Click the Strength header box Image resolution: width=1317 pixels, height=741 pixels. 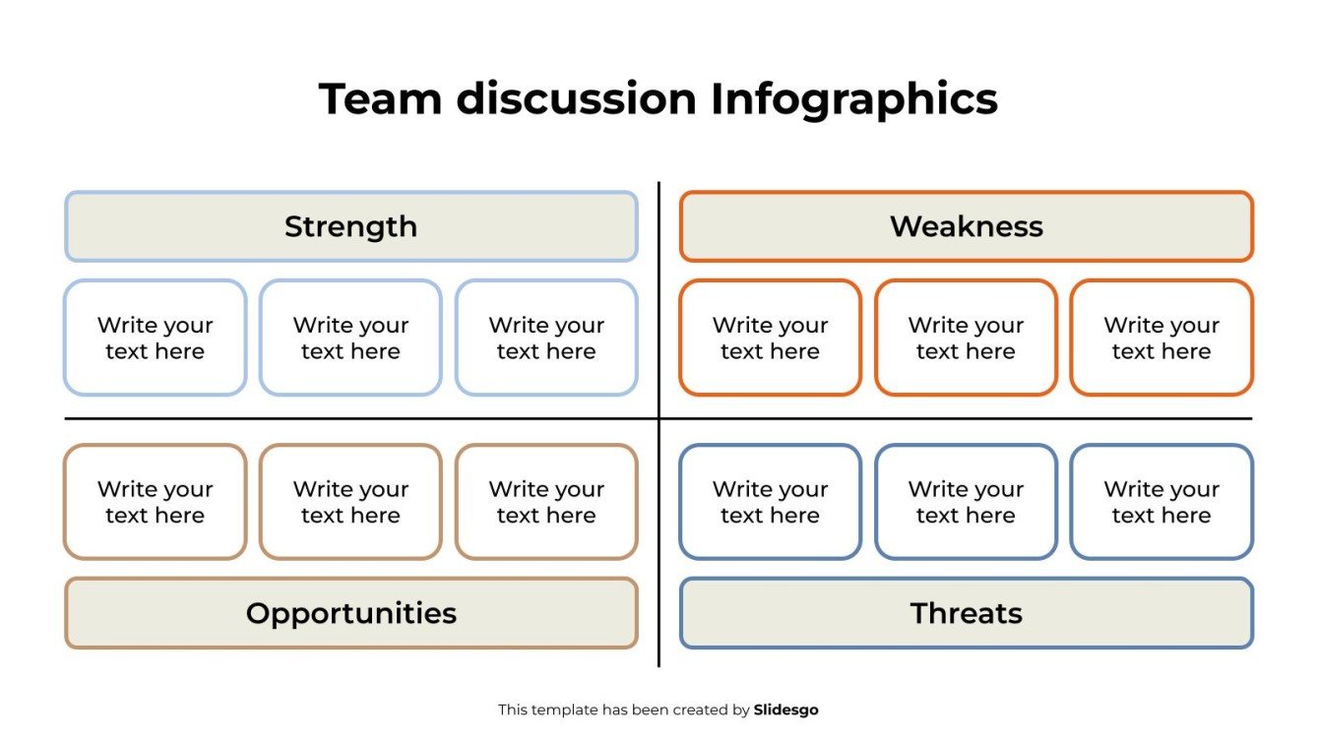click(x=351, y=226)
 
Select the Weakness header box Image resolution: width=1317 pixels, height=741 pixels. click(x=966, y=226)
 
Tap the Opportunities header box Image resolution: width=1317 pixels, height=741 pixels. click(x=351, y=613)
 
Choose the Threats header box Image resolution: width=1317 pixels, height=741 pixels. click(x=966, y=613)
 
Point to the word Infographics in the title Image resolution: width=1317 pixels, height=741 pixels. click(x=852, y=99)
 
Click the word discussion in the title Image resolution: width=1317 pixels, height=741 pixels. click(x=576, y=99)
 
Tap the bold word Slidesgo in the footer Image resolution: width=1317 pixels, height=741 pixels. click(x=785, y=710)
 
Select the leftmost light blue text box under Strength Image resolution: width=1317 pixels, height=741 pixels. click(x=156, y=338)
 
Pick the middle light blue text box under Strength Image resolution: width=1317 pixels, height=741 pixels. click(x=350, y=338)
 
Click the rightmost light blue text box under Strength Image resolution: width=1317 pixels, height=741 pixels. click(x=546, y=338)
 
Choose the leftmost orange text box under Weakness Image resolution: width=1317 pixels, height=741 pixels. click(x=770, y=338)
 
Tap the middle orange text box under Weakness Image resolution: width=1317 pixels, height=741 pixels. click(x=966, y=338)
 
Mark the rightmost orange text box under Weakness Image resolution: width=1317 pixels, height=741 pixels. click(x=1161, y=338)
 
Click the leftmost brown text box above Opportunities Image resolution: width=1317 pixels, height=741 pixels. click(x=156, y=502)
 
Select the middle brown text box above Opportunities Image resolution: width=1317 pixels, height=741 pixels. click(x=350, y=502)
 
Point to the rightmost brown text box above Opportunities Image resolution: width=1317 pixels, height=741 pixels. click(x=546, y=502)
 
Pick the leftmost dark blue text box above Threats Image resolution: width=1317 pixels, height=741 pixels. click(x=770, y=502)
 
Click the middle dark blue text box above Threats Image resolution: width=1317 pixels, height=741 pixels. click(x=966, y=502)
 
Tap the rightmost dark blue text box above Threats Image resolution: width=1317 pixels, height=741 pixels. click(x=1161, y=502)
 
